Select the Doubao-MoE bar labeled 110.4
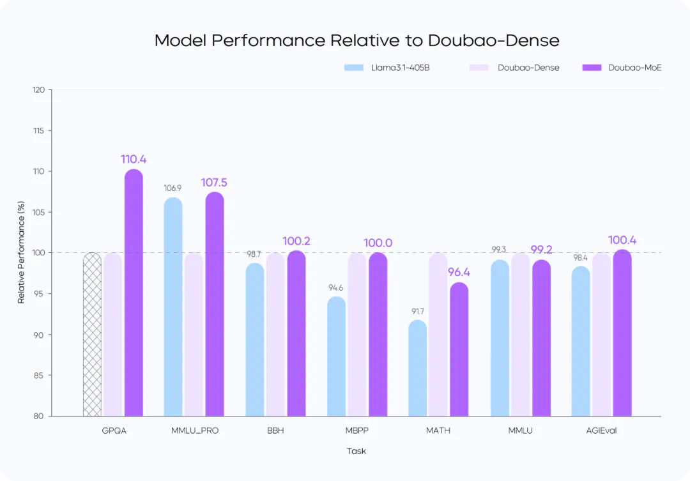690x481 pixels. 134,294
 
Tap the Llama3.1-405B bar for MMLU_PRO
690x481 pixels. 173,307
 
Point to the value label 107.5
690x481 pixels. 214,183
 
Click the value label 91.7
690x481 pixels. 417,312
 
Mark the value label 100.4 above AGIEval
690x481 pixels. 622,240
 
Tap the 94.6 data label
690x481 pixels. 336,288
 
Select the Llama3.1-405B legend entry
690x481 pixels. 387,67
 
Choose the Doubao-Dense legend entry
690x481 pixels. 514,67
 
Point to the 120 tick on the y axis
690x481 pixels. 38,90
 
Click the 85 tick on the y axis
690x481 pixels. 39,376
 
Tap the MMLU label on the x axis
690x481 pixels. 520,431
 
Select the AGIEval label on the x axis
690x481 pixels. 601,431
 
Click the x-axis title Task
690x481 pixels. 356,451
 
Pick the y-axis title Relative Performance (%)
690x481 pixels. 21,253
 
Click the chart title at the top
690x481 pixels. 356,40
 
